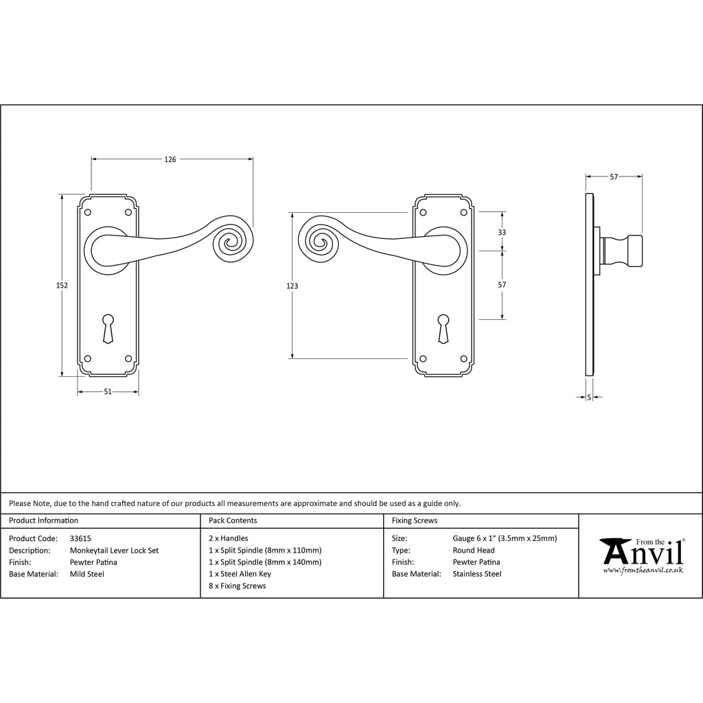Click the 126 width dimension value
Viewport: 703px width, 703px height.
click(170, 159)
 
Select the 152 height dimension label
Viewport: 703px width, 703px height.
click(62, 285)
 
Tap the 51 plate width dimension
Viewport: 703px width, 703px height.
click(108, 391)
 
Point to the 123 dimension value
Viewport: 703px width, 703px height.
click(292, 286)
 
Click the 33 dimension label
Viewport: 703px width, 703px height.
click(502, 232)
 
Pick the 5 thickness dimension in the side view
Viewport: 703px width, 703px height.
click(588, 397)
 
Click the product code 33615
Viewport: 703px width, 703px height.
click(80, 538)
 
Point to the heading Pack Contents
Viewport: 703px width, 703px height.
click(233, 520)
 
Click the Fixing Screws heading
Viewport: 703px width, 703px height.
click(414, 520)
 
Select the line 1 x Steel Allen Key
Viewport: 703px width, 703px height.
click(240, 574)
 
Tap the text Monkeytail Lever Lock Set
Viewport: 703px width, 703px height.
click(115, 551)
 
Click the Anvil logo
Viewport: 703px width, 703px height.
click(642, 555)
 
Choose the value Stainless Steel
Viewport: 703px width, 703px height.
click(477, 574)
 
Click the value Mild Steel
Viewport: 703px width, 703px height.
click(87, 574)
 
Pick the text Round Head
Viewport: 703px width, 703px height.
click(474, 550)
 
